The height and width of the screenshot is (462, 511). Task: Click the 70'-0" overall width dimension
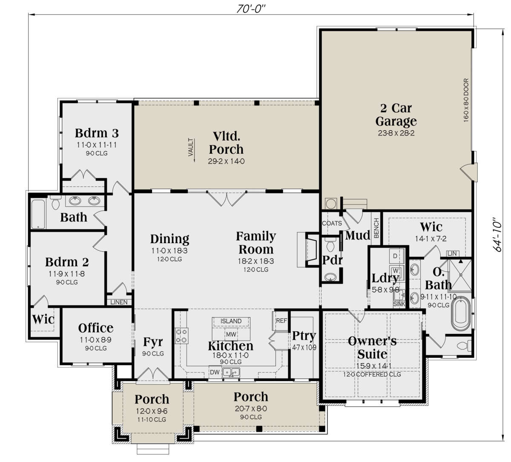coord(251,9)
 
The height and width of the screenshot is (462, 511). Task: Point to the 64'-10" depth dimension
coord(497,235)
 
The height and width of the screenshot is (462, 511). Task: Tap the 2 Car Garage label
coord(396,115)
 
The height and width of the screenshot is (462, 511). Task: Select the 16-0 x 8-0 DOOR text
coord(466,100)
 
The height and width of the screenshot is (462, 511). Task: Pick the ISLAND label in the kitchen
coord(231,321)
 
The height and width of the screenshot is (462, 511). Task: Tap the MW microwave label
coord(231,334)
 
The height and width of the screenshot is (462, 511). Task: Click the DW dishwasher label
coord(215,372)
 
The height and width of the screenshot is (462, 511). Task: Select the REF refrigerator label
coord(281,321)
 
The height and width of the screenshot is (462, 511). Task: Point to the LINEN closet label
coord(119,302)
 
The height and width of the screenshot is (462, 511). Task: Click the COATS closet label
coord(332,223)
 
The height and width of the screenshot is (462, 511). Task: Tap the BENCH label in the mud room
coord(376,228)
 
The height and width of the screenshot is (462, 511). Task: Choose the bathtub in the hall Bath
coord(38,214)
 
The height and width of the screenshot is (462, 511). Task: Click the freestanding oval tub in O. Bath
coord(461,314)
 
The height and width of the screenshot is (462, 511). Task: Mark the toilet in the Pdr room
coord(330,245)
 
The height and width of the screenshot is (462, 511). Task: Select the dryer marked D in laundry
coord(396,256)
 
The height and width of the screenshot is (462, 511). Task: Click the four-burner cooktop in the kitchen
coord(181,336)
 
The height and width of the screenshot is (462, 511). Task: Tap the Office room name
coord(96,328)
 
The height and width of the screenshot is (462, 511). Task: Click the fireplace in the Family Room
coord(308,250)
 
